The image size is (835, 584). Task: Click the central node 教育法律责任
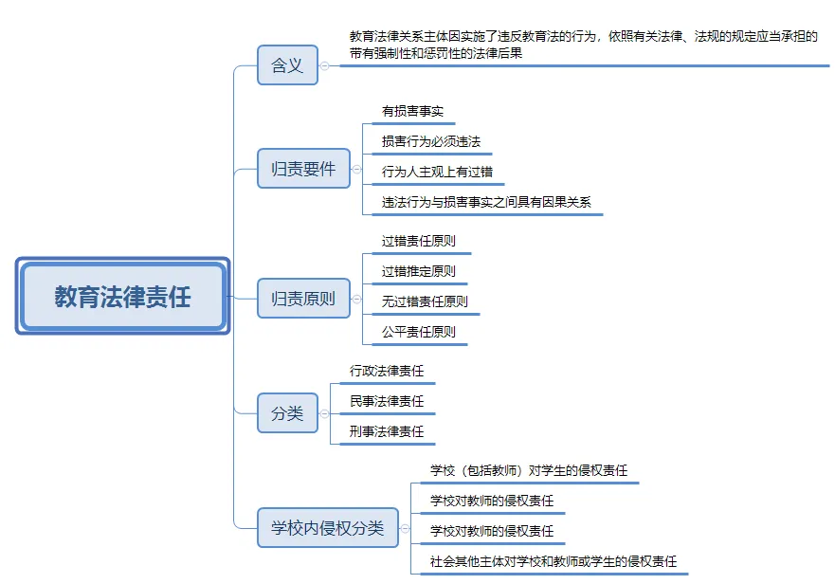[x=122, y=296]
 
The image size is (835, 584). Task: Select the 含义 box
[x=287, y=65]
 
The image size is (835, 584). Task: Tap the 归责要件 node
[x=303, y=169]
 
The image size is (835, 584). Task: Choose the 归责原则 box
[x=303, y=299]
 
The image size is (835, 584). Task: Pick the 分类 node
[x=287, y=413]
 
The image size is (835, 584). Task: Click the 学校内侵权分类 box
[x=328, y=527]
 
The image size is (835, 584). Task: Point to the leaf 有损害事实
[x=412, y=111]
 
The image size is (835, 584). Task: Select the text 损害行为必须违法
[x=431, y=142]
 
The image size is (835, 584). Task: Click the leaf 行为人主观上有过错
[x=437, y=173]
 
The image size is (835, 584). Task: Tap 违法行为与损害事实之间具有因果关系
[x=486, y=203]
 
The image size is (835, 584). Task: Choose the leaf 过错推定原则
[x=419, y=272]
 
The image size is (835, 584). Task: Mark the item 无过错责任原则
[x=425, y=302]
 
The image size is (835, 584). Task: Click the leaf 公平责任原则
[x=419, y=333]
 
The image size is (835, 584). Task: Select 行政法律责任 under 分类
[x=387, y=371]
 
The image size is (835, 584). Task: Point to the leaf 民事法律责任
[x=387, y=401]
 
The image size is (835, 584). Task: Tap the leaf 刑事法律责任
[x=387, y=431]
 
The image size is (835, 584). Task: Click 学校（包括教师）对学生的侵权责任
[x=529, y=470]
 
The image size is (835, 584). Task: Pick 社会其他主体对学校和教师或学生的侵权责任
[x=554, y=561]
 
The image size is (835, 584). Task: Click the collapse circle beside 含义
[x=324, y=65]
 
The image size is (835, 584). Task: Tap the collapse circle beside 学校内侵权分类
[x=405, y=528]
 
